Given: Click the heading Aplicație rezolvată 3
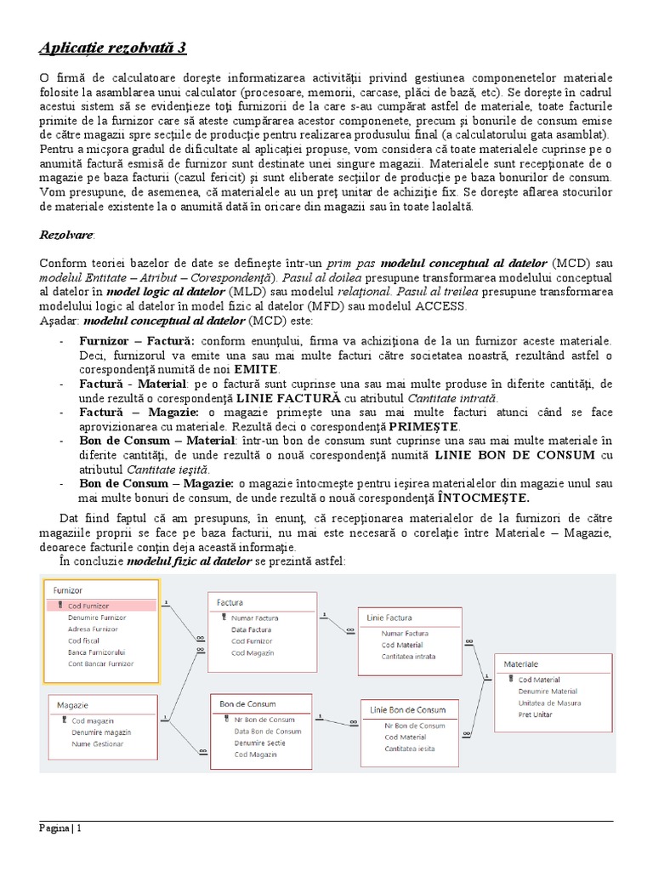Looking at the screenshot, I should (119, 46).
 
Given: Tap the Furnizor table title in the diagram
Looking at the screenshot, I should (68, 589).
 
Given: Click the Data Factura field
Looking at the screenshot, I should (251, 629).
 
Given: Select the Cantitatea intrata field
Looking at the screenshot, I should (409, 657).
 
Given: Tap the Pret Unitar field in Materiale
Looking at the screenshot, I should (535, 714).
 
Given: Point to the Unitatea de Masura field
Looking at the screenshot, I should (549, 703).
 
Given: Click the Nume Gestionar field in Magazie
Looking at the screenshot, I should (97, 743).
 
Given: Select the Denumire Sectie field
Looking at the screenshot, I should (260, 743).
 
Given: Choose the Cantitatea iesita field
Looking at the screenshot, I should (409, 749).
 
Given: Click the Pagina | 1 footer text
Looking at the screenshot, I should (60, 828).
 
